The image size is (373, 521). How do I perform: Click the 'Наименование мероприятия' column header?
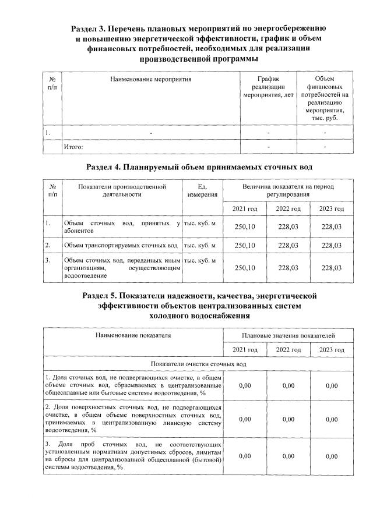tap(151, 78)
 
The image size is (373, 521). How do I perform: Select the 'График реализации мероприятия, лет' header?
tap(268, 86)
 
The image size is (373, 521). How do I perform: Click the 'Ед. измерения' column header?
tap(203, 190)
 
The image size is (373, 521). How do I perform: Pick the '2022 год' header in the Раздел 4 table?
tap(288, 208)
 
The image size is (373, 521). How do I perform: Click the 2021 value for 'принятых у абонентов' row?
tap(245, 226)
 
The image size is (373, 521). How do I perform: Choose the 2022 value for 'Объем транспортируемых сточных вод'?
tap(288, 246)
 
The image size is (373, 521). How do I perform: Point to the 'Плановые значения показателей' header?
tap(288, 336)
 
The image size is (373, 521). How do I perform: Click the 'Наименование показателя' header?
tap(133, 336)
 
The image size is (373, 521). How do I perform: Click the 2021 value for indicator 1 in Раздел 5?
tap(245, 385)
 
